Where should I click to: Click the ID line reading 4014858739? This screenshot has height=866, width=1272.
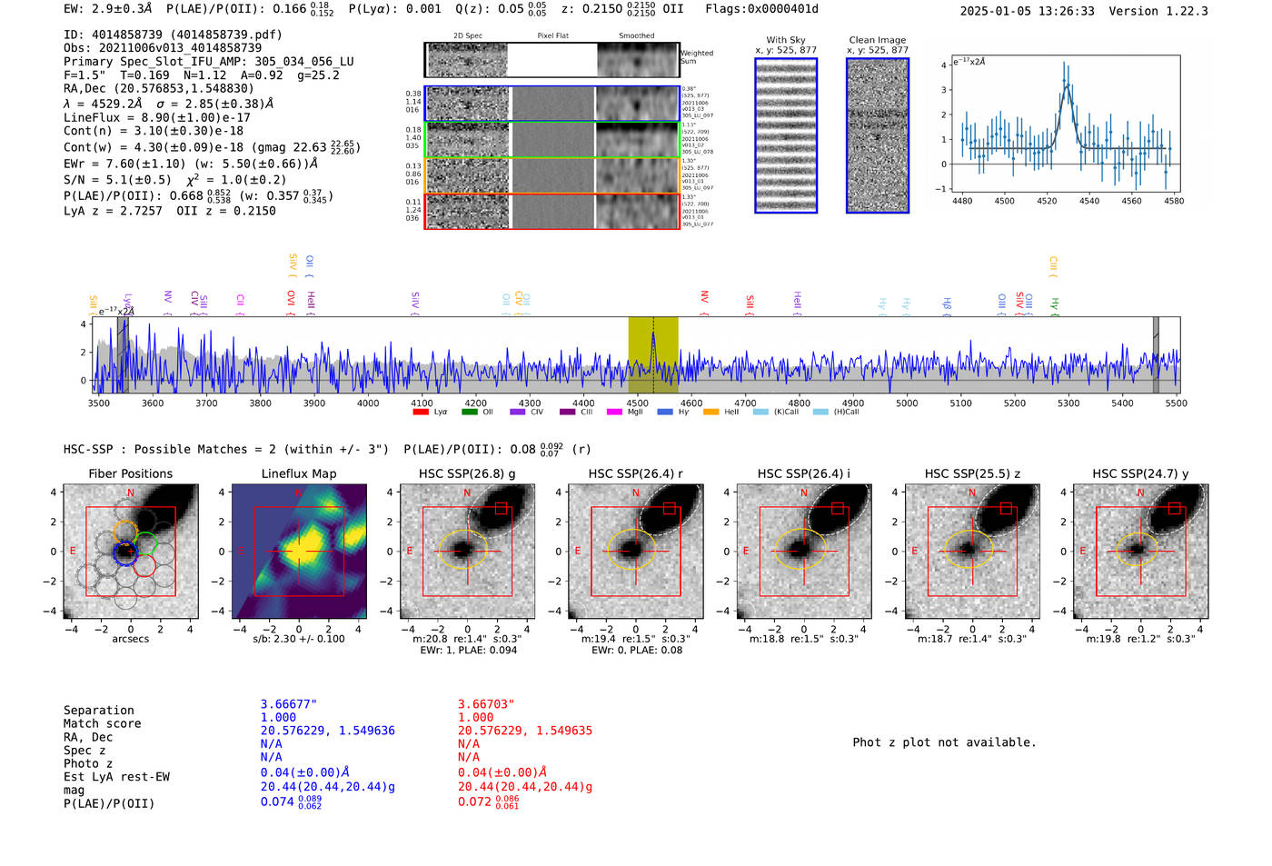point(173,35)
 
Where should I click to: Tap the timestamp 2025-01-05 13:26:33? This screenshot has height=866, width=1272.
point(1027,11)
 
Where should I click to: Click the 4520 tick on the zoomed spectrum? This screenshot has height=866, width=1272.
point(1047,201)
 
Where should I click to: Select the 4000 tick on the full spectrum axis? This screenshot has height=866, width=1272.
point(368,403)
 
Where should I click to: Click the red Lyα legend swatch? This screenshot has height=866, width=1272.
point(421,412)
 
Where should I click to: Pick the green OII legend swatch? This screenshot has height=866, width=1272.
point(469,412)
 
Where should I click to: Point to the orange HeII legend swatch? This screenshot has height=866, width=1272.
point(711,412)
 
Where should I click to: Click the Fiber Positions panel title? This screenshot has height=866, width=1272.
point(130,473)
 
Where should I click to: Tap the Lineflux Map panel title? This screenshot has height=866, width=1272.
point(299,473)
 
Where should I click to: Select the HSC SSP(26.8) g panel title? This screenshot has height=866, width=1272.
point(467,473)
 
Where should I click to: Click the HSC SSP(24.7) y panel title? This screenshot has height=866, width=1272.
point(1140,473)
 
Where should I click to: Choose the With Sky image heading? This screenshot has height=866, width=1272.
point(786,40)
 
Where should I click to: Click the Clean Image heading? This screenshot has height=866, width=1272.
point(877,40)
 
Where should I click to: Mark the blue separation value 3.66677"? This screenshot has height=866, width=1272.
point(289,704)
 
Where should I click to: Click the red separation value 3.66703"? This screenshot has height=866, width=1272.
point(486,704)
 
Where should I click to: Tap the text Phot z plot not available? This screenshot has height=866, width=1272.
point(944,742)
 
